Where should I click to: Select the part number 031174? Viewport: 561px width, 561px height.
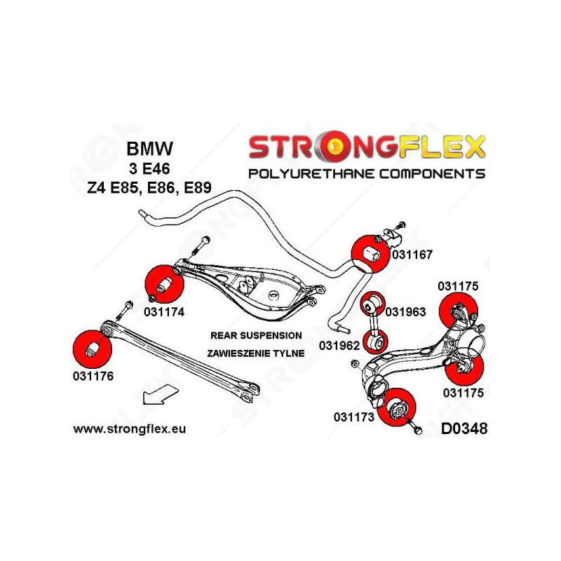coord(165,312)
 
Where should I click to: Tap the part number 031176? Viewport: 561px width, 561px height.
coord(92,375)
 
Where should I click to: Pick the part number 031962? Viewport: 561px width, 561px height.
coord(339,345)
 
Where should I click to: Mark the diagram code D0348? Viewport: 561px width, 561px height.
coord(464,428)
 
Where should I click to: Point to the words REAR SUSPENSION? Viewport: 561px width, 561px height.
coord(256,336)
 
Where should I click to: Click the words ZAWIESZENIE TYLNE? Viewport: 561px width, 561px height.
coord(256,353)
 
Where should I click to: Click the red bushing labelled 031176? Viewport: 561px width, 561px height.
coord(91,347)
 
